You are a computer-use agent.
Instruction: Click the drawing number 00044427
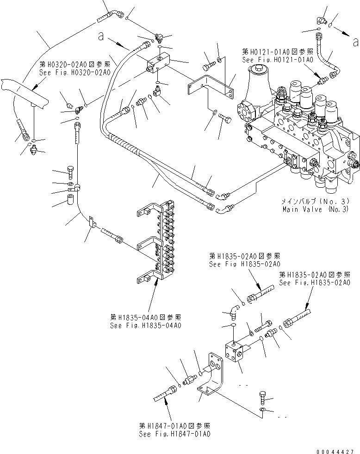click(x=336, y=451)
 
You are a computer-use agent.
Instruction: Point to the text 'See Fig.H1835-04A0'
click(x=145, y=325)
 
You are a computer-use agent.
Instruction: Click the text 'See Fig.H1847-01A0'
click(x=174, y=434)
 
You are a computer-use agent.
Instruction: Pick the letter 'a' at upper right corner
click(x=355, y=43)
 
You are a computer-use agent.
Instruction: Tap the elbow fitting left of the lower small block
click(x=232, y=314)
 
